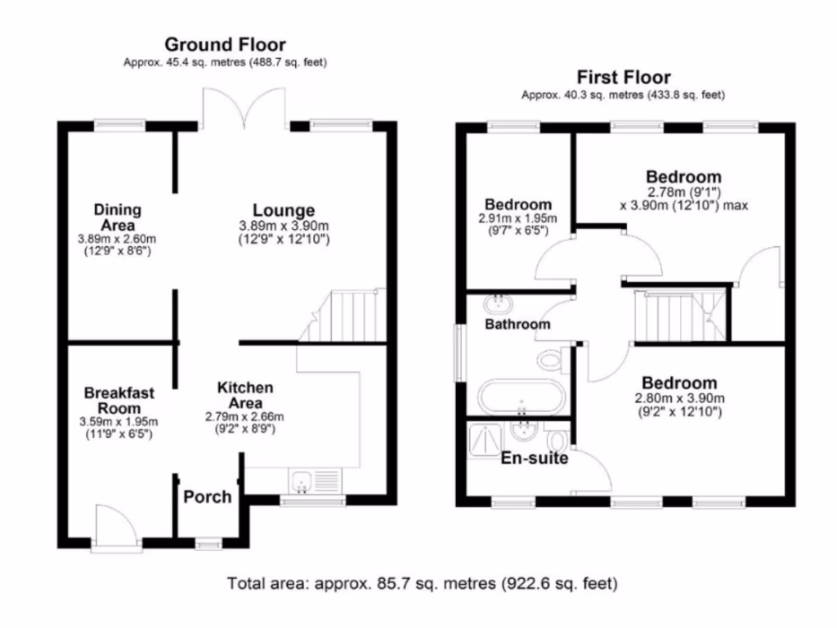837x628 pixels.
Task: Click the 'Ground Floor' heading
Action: pyautogui.click(x=225, y=44)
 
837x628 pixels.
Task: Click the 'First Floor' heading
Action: pyautogui.click(x=623, y=78)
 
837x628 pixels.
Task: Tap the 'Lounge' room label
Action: pyautogui.click(x=283, y=211)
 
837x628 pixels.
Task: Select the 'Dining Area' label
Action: pyautogui.click(x=117, y=218)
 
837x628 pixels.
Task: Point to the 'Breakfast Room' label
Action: pyautogui.click(x=119, y=401)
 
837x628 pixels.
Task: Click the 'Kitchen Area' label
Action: pyautogui.click(x=244, y=395)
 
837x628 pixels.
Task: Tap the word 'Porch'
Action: pyautogui.click(x=207, y=496)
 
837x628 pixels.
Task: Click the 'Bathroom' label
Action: pyautogui.click(x=517, y=325)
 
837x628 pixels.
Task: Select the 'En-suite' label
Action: pyautogui.click(x=535, y=459)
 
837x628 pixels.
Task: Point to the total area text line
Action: pyautogui.click(x=421, y=584)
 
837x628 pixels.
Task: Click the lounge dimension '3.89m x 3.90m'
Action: pyautogui.click(x=283, y=226)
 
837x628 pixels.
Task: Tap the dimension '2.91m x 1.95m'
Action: pyautogui.click(x=517, y=218)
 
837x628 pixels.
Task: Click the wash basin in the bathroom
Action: pyautogui.click(x=496, y=305)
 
